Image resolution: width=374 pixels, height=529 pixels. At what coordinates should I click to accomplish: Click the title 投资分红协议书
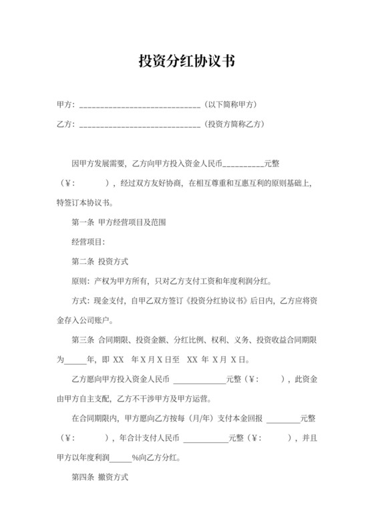186,62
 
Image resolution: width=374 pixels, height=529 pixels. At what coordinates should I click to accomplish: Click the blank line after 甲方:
140,106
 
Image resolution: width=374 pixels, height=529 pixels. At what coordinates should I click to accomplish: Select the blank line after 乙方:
140,124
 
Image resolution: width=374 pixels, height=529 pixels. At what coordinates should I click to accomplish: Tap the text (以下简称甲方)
230,105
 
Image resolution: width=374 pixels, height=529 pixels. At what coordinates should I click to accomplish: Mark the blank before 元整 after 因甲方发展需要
243,164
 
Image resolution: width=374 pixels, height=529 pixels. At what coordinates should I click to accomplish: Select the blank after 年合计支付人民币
205,439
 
